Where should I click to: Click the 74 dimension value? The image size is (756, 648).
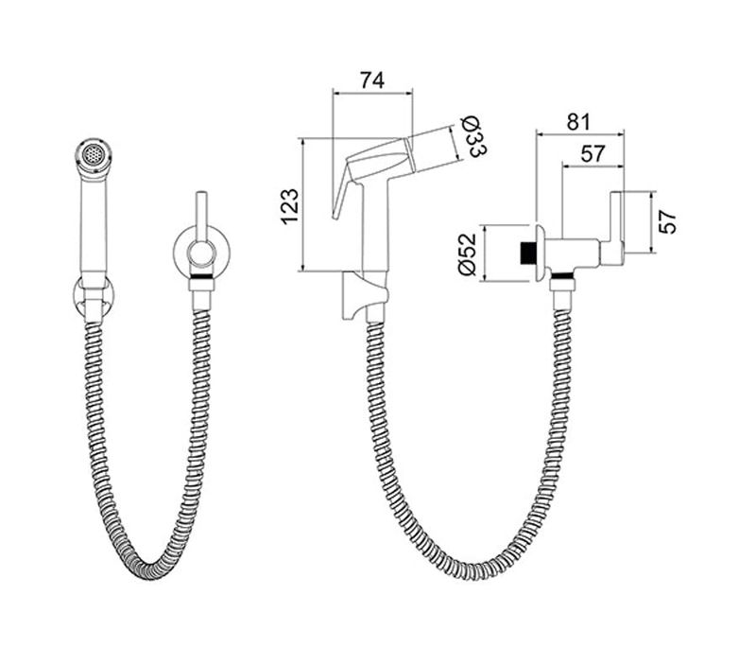coord(372,80)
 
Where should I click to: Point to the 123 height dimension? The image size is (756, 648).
coord(290,206)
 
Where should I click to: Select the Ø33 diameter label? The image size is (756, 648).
coord(474,136)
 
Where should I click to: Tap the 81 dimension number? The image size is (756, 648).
coord(578,122)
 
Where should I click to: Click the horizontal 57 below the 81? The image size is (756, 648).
coord(593,153)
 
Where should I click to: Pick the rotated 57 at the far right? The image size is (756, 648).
coord(668,222)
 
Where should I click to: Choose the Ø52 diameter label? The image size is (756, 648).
coord(467,254)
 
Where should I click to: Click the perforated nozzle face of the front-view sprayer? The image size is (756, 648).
coord(94,155)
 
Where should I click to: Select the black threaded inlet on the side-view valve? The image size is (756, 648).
coord(528,254)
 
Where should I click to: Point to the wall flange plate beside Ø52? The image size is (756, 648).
coord(541,254)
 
